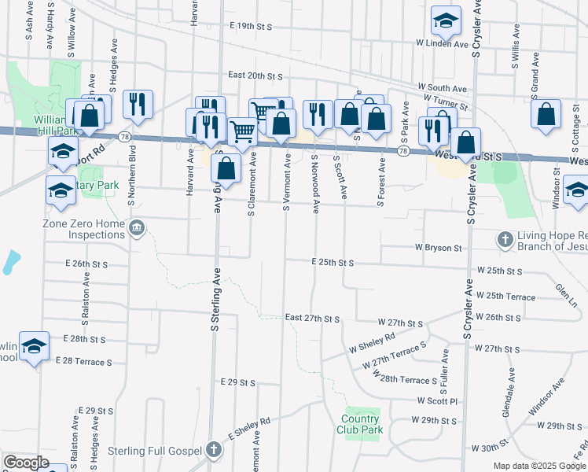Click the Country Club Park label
click(x=362, y=424)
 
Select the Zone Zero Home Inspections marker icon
click(x=138, y=228)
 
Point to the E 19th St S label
click(x=251, y=26)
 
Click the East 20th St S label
click(x=255, y=76)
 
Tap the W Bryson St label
click(x=439, y=248)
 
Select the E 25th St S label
click(x=333, y=262)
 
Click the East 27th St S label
click(x=312, y=318)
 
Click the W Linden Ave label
click(x=442, y=43)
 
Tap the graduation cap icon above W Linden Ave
click(x=446, y=21)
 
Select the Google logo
click(x=26, y=462)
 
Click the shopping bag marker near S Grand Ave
click(x=546, y=114)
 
